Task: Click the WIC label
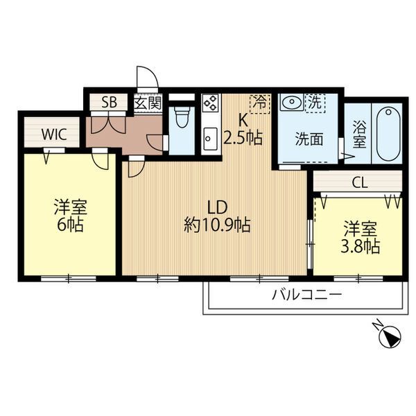53,134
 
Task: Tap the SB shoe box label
110,103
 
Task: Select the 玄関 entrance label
147,103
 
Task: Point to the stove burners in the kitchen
210,104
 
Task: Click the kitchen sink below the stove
209,139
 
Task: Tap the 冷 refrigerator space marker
259,103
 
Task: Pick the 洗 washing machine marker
315,102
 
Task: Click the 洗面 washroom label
309,138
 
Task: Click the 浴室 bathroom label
359,134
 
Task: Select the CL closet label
358,184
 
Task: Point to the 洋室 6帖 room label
69,216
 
